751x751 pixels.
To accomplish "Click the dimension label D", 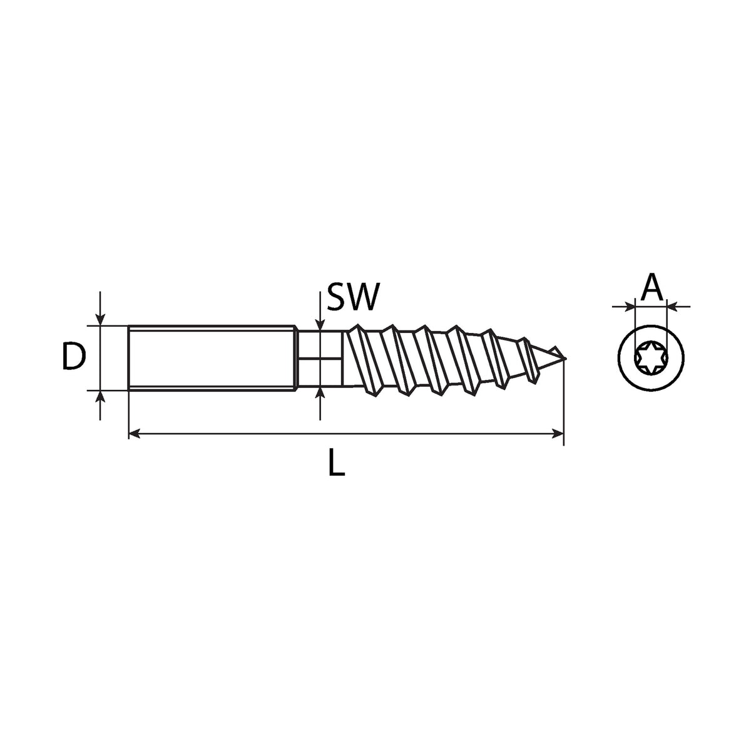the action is coord(74,356).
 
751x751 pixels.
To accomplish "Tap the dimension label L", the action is coord(336,462).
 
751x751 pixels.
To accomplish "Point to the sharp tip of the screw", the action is coord(565,358).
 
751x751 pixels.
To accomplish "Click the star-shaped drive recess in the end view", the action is coord(651,357).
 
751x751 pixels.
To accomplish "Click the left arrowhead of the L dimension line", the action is coord(134,433).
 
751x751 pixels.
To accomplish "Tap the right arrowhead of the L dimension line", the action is coord(558,433).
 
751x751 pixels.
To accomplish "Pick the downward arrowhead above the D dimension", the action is coord(100,319).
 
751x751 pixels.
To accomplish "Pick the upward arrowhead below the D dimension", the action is coord(100,396).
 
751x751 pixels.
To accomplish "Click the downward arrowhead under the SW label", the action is coord(320,324).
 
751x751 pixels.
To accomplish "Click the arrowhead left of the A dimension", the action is coord(629,307).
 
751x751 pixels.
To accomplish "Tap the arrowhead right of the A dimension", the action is coord(673,307).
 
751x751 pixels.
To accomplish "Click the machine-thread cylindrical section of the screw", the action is coord(212,358).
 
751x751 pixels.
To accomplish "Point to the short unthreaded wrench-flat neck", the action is coord(320,359).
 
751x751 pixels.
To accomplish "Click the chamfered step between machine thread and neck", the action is coord(297,358).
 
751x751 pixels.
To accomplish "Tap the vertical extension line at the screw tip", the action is coord(563,401).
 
